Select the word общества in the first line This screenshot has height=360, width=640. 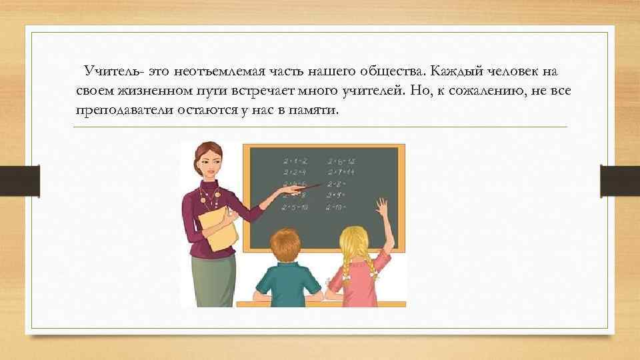point(391,71)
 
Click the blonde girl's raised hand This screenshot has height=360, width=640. point(382,207)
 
